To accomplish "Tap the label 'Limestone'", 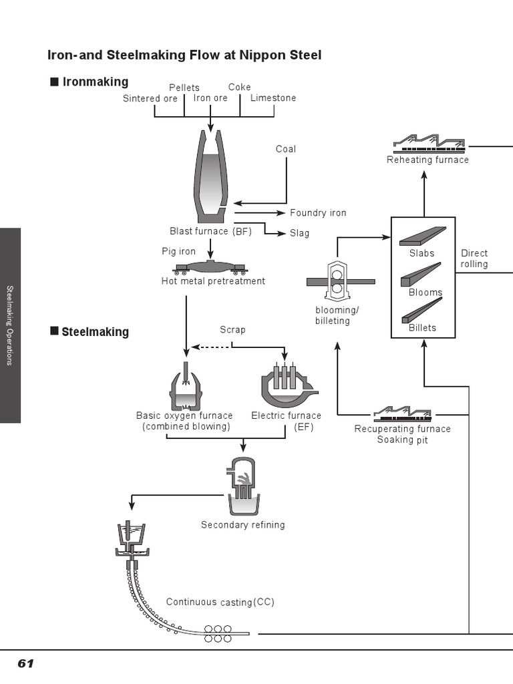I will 273,98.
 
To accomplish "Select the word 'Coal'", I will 285,149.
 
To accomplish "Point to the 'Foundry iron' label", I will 318,213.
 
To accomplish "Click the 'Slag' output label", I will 299,234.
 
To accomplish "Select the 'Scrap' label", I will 232,330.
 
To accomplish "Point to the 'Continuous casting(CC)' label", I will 220,602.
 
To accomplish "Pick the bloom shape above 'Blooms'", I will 421,274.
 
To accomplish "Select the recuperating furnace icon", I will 402,413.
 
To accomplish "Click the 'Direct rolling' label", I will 474,259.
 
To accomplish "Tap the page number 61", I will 25,663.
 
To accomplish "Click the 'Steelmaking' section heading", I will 95,332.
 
